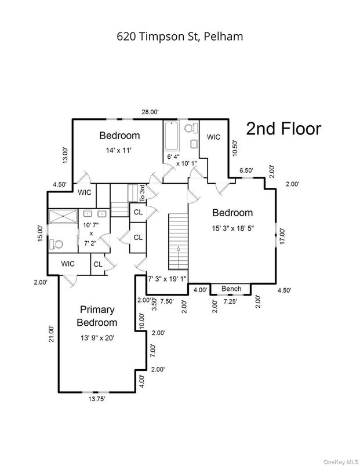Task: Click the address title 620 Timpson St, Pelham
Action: point(180,37)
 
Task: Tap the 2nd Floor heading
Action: point(283,129)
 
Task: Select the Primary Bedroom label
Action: point(97,316)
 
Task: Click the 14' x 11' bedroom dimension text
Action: point(119,150)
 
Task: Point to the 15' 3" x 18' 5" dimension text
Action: point(232,228)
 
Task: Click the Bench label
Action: point(231,289)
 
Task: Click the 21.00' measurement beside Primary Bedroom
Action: point(51,336)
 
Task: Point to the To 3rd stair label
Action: point(142,192)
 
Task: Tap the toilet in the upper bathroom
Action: point(189,128)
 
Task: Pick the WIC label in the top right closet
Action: point(214,137)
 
